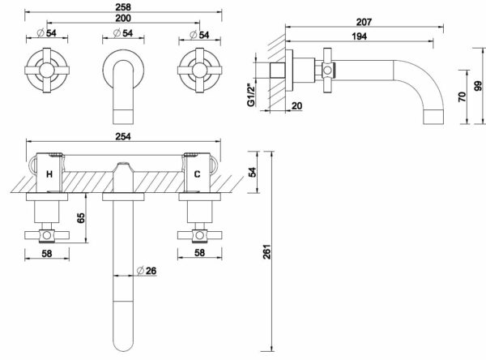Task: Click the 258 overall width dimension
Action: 123,6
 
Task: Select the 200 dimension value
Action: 123,19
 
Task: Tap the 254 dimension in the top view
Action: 123,136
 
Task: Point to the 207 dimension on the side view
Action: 364,22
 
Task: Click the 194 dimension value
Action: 359,36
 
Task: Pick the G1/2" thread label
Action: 250,92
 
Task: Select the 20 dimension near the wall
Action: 296,106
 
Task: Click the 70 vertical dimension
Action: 462,96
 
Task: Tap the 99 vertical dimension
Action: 478,86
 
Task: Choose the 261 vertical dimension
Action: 266,251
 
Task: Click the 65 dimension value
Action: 80,218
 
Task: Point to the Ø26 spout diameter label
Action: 147,271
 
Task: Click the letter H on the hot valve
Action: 49,174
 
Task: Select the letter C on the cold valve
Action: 197,174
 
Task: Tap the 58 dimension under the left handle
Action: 47,254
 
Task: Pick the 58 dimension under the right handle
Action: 199,253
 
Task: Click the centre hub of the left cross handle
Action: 47,71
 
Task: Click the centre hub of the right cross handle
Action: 199,71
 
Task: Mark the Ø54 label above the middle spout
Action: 123,33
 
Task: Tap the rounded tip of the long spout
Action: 123,350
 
